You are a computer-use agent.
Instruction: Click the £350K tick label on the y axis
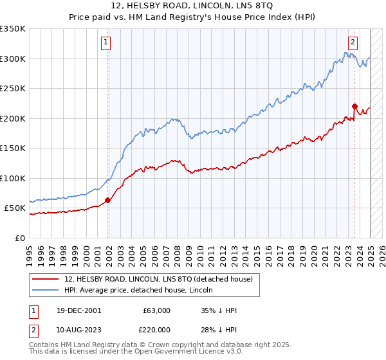pos(13,29)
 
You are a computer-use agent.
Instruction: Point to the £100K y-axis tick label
pos(13,178)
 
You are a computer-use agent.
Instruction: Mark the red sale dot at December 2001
pos(108,200)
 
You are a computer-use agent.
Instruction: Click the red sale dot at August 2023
pos(354,107)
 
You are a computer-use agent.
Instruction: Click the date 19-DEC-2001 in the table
pos(78,310)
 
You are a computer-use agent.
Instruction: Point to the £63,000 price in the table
pos(156,310)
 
